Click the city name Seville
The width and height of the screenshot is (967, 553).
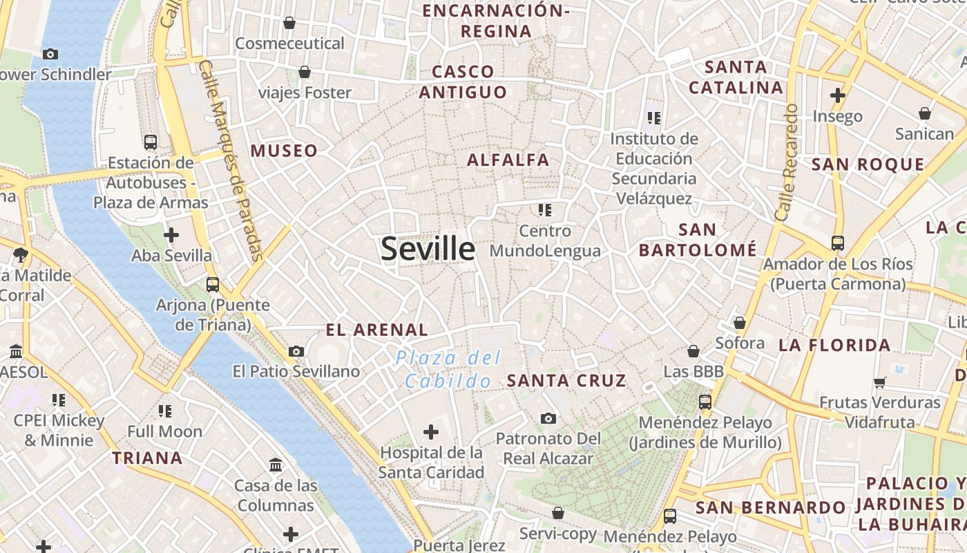pos(428,249)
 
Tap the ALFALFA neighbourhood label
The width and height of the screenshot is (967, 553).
pos(508,160)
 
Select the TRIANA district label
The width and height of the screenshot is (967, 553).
pos(147,458)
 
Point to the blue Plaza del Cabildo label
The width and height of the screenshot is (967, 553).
pos(448,369)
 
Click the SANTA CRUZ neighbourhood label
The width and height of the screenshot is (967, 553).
pos(566,380)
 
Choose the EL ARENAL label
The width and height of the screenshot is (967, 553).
pos(376,330)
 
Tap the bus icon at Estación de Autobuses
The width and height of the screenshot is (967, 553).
pos(150,142)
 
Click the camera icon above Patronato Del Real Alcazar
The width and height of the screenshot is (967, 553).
pos(548,418)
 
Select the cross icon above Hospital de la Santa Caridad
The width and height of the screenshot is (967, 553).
pos(431,433)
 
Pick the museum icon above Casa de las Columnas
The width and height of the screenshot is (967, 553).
pos(276,465)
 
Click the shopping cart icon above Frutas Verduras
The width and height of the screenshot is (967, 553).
pos(879,382)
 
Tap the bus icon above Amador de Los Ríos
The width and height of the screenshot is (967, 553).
pos(837,243)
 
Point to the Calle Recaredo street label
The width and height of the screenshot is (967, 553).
pos(787,163)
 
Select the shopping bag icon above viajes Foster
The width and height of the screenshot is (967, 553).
pos(304,72)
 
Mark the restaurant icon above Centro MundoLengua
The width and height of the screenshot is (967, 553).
pos(545,209)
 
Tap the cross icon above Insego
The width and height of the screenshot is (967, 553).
pos(838,95)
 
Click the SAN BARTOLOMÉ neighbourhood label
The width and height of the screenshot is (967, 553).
pos(698,239)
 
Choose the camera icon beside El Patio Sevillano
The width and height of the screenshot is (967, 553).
pos(296,352)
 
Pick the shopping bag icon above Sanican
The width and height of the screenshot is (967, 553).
pos(925,113)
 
